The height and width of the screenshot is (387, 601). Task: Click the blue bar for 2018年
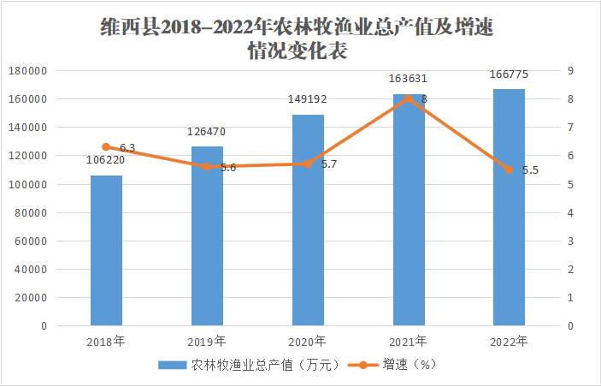(x=106, y=250)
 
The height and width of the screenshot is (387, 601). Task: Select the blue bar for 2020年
(x=308, y=220)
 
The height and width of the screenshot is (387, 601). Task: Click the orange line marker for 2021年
(x=408, y=98)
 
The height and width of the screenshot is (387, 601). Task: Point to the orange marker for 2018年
(x=106, y=147)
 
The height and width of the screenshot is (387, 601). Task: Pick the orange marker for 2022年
(x=509, y=170)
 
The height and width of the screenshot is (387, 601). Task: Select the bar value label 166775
(x=509, y=75)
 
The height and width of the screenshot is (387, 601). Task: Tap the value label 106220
(x=106, y=160)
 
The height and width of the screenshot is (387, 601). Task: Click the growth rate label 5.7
(x=328, y=164)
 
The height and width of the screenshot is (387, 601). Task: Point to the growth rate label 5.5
(x=530, y=170)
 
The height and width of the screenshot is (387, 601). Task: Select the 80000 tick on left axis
(x=32, y=213)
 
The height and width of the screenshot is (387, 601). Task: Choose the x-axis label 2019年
(x=207, y=341)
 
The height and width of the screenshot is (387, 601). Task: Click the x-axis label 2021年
(x=408, y=341)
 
